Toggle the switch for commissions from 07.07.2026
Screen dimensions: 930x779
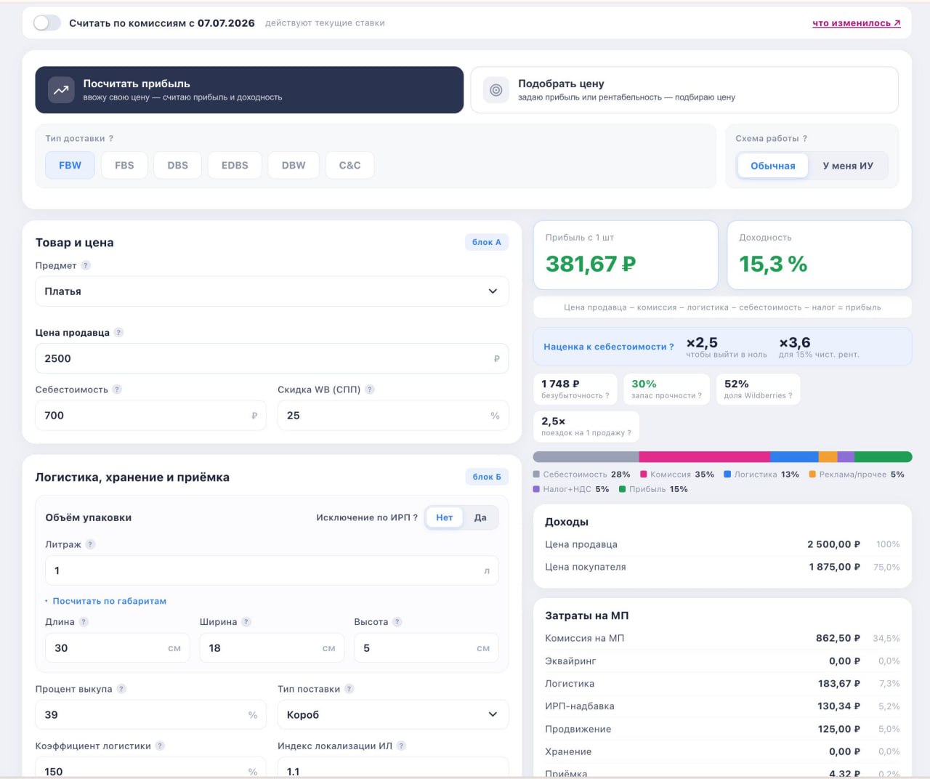pyautogui.click(x=46, y=23)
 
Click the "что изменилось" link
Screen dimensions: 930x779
pyautogui.click(x=856, y=23)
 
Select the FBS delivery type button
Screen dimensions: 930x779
pyautogui.click(x=124, y=165)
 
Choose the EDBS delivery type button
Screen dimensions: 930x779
pyautogui.click(x=235, y=165)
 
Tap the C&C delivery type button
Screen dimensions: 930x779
pyautogui.click(x=349, y=165)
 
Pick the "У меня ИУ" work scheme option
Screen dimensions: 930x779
pyautogui.click(x=848, y=166)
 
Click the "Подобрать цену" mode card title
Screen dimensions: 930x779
pyautogui.click(x=561, y=84)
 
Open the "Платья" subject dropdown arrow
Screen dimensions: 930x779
pyautogui.click(x=493, y=291)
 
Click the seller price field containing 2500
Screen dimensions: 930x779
pyautogui.click(x=272, y=358)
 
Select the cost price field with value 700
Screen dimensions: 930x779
pyautogui.click(x=150, y=416)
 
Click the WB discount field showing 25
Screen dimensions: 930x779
pyautogui.click(x=393, y=416)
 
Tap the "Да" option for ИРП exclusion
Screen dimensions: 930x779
pyautogui.click(x=480, y=517)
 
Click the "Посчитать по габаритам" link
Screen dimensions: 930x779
pyautogui.click(x=109, y=601)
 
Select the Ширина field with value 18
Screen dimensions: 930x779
pyautogui.click(x=272, y=648)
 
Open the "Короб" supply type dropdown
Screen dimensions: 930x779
pyautogui.click(x=393, y=715)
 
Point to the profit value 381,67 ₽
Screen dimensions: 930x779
pyautogui.click(x=591, y=264)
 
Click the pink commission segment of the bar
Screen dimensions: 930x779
pyautogui.click(x=705, y=456)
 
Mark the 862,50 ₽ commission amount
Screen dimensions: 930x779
pyautogui.click(x=837, y=638)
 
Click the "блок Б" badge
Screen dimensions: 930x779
pyautogui.click(x=486, y=477)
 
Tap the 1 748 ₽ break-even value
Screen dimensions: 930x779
pyautogui.click(x=560, y=384)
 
